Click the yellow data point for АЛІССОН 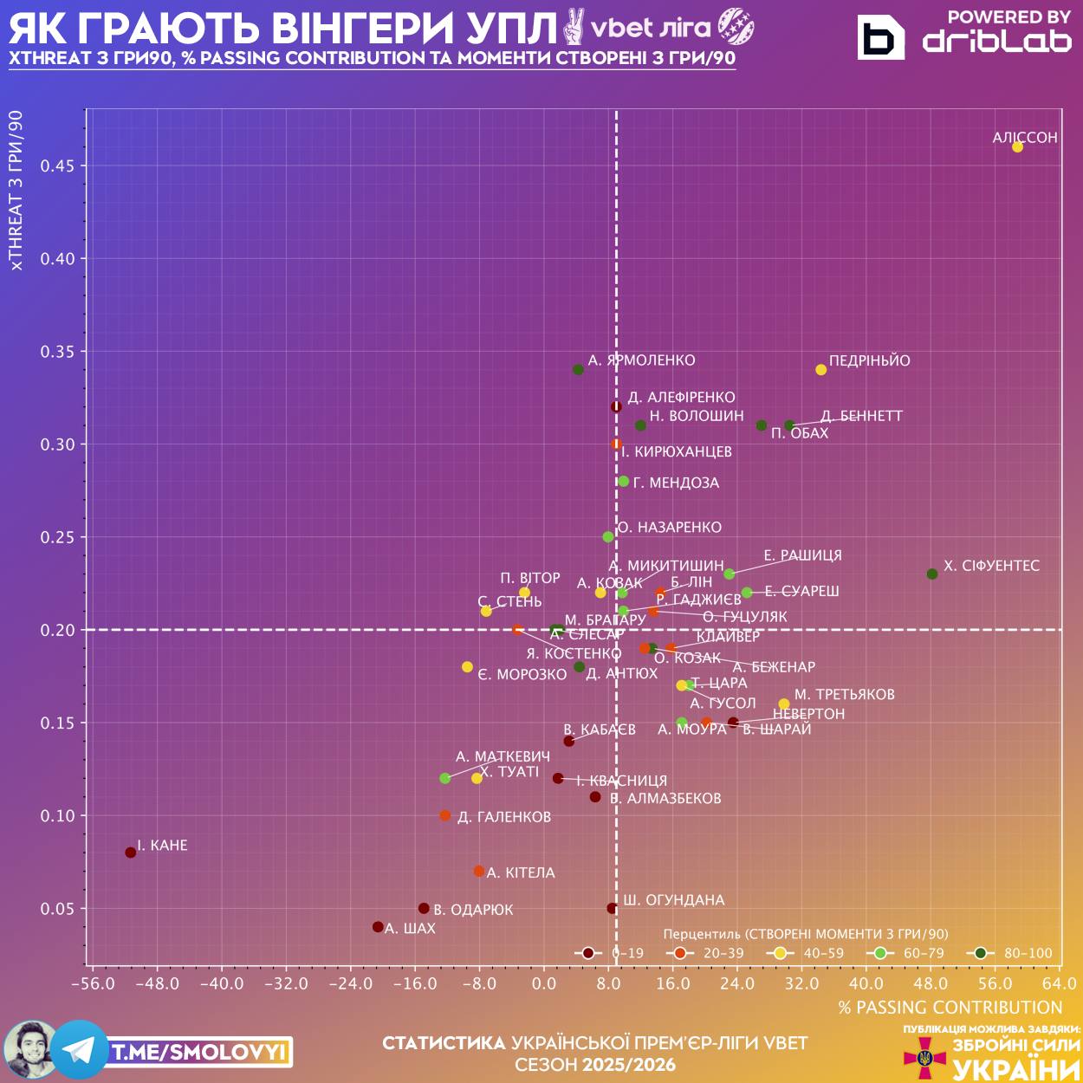tap(1017, 147)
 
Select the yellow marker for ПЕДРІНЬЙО tap(821, 370)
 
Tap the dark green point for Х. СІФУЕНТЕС tap(932, 574)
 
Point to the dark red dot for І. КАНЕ tap(131, 853)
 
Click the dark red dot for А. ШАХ tap(378, 927)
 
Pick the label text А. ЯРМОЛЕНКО tap(641, 360)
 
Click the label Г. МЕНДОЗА tap(676, 483)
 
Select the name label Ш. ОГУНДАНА tap(673, 900)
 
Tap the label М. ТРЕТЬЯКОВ tap(844, 694)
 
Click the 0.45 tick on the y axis tap(58, 165)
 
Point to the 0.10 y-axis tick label tap(58, 815)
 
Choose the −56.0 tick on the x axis tap(93, 983)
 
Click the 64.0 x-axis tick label tap(1059, 983)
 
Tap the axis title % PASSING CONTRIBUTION tap(950, 1008)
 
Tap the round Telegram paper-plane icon tap(80, 1050)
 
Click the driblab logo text tap(996, 41)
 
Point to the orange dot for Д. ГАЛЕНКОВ tap(445, 815)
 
